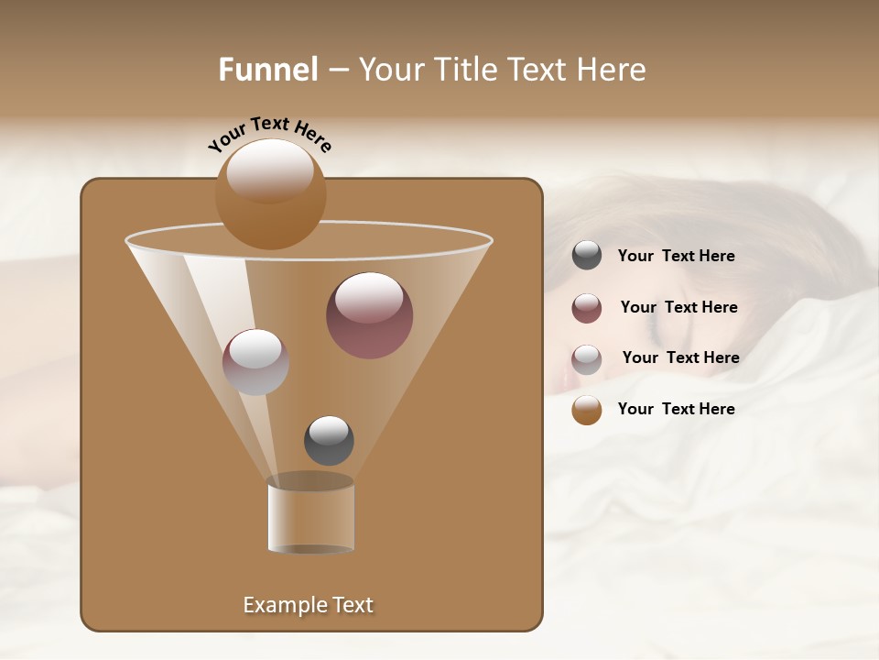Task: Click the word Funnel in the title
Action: pos(268,70)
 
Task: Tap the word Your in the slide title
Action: pos(393,70)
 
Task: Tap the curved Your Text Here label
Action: pos(270,135)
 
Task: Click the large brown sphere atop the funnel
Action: pos(270,194)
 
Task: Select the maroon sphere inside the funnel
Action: pos(369,315)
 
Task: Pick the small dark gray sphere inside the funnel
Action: pos(329,441)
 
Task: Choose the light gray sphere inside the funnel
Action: pos(255,362)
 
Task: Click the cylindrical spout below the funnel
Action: pos(311,515)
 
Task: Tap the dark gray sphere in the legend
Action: pos(587,256)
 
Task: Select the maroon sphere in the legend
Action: pos(587,308)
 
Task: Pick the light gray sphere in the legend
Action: pos(587,359)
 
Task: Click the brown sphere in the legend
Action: pos(587,410)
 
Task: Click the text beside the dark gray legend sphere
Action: pos(676,257)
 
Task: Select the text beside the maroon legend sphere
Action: pos(678,308)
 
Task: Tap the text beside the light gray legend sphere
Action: pos(680,357)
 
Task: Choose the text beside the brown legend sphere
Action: pos(676,409)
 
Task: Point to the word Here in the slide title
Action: pos(605,70)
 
